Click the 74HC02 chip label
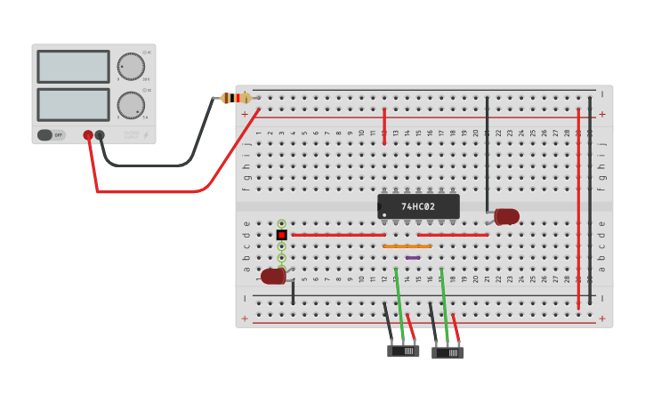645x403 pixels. tap(418, 206)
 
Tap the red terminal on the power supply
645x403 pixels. tap(88, 135)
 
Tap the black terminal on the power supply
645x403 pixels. tap(100, 135)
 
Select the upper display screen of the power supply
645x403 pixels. tap(73, 67)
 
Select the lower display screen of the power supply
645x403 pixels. tap(73, 104)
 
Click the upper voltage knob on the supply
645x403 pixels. tap(131, 67)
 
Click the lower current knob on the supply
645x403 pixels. tap(131, 105)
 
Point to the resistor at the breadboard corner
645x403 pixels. tap(237, 98)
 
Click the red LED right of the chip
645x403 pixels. tap(506, 216)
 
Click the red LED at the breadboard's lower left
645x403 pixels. tap(272, 276)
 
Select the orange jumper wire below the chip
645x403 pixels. tap(407, 246)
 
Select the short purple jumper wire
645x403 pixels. tap(413, 258)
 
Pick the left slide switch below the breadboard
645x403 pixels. tap(403, 351)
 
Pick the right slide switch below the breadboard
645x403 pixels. tap(447, 352)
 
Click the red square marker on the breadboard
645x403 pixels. tap(281, 235)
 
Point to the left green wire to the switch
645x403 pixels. tap(399, 302)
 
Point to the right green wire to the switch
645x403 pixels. tap(444, 302)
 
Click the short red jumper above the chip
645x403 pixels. tap(384, 125)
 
